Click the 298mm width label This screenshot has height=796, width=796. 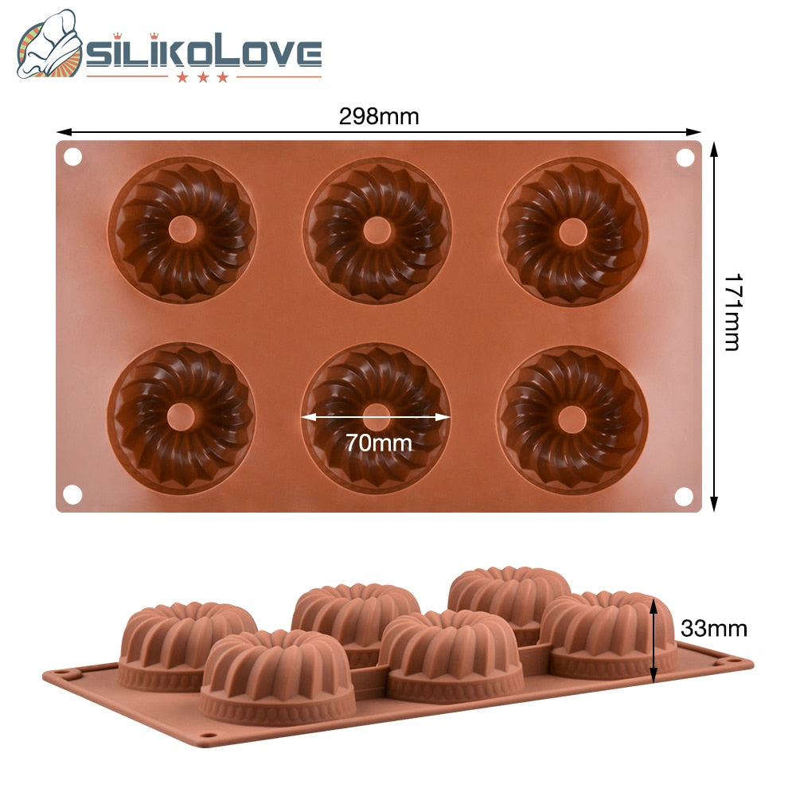pos(379,117)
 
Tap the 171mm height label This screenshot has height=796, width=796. pos(732,312)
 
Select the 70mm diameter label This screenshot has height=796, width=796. pos(379,443)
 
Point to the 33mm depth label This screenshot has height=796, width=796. pos(714,629)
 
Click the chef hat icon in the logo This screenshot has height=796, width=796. pos(49,45)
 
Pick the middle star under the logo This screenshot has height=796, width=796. pos(202,78)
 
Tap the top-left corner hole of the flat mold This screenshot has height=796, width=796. pos(73,157)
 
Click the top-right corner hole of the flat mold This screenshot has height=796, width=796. pos(685,158)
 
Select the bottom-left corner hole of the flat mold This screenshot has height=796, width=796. pos(72,494)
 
